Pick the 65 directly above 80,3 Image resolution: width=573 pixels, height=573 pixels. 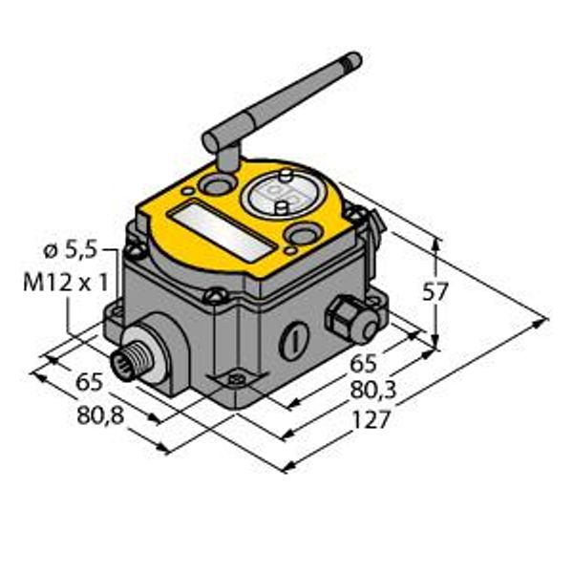[362, 362]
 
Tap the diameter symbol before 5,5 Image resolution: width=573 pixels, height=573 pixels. [51, 252]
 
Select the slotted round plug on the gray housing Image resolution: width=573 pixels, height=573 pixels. [293, 339]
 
